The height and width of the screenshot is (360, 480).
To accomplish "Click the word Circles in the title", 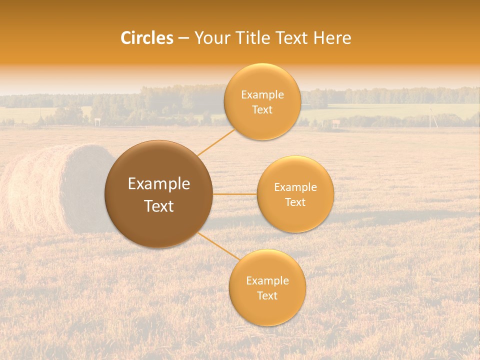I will click(146, 38).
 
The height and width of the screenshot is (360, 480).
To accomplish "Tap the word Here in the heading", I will click(332, 38).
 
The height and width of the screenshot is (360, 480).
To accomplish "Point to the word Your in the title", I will click(212, 38).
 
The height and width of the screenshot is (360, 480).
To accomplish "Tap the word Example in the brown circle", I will click(158, 184).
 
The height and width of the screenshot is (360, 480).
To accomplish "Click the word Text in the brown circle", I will click(158, 206).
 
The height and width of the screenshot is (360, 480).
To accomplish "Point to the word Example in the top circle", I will click(262, 94).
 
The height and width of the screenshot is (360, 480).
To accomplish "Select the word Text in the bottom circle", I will click(267, 295).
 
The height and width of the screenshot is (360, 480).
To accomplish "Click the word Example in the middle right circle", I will click(295, 187).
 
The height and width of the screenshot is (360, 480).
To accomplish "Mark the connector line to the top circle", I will click(215, 142).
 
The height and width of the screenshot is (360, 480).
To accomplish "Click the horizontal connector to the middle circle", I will click(234, 194).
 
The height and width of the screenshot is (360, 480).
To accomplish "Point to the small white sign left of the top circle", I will click(97, 120).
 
